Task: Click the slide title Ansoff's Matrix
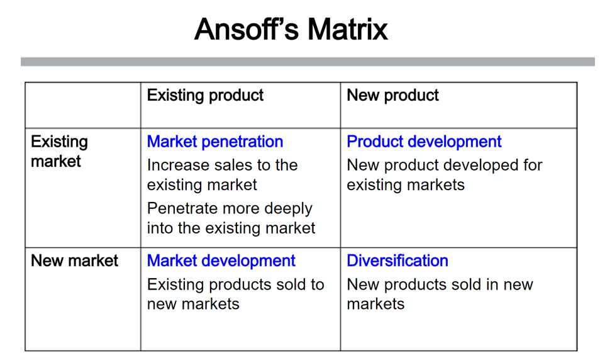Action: click(291, 30)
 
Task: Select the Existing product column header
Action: click(205, 96)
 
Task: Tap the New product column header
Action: click(393, 96)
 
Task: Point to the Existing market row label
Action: click(59, 152)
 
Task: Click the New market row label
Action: click(74, 261)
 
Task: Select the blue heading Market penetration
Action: click(215, 142)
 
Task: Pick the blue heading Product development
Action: click(424, 142)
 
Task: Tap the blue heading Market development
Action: click(221, 261)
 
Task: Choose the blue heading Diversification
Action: click(397, 261)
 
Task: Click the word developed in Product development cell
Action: click(481, 166)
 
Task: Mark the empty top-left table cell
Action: click(83, 105)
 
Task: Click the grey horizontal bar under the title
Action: click(308, 62)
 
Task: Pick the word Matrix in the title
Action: click(348, 30)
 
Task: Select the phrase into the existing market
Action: click(231, 228)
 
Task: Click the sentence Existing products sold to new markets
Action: click(236, 295)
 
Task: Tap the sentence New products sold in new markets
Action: click(440, 295)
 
